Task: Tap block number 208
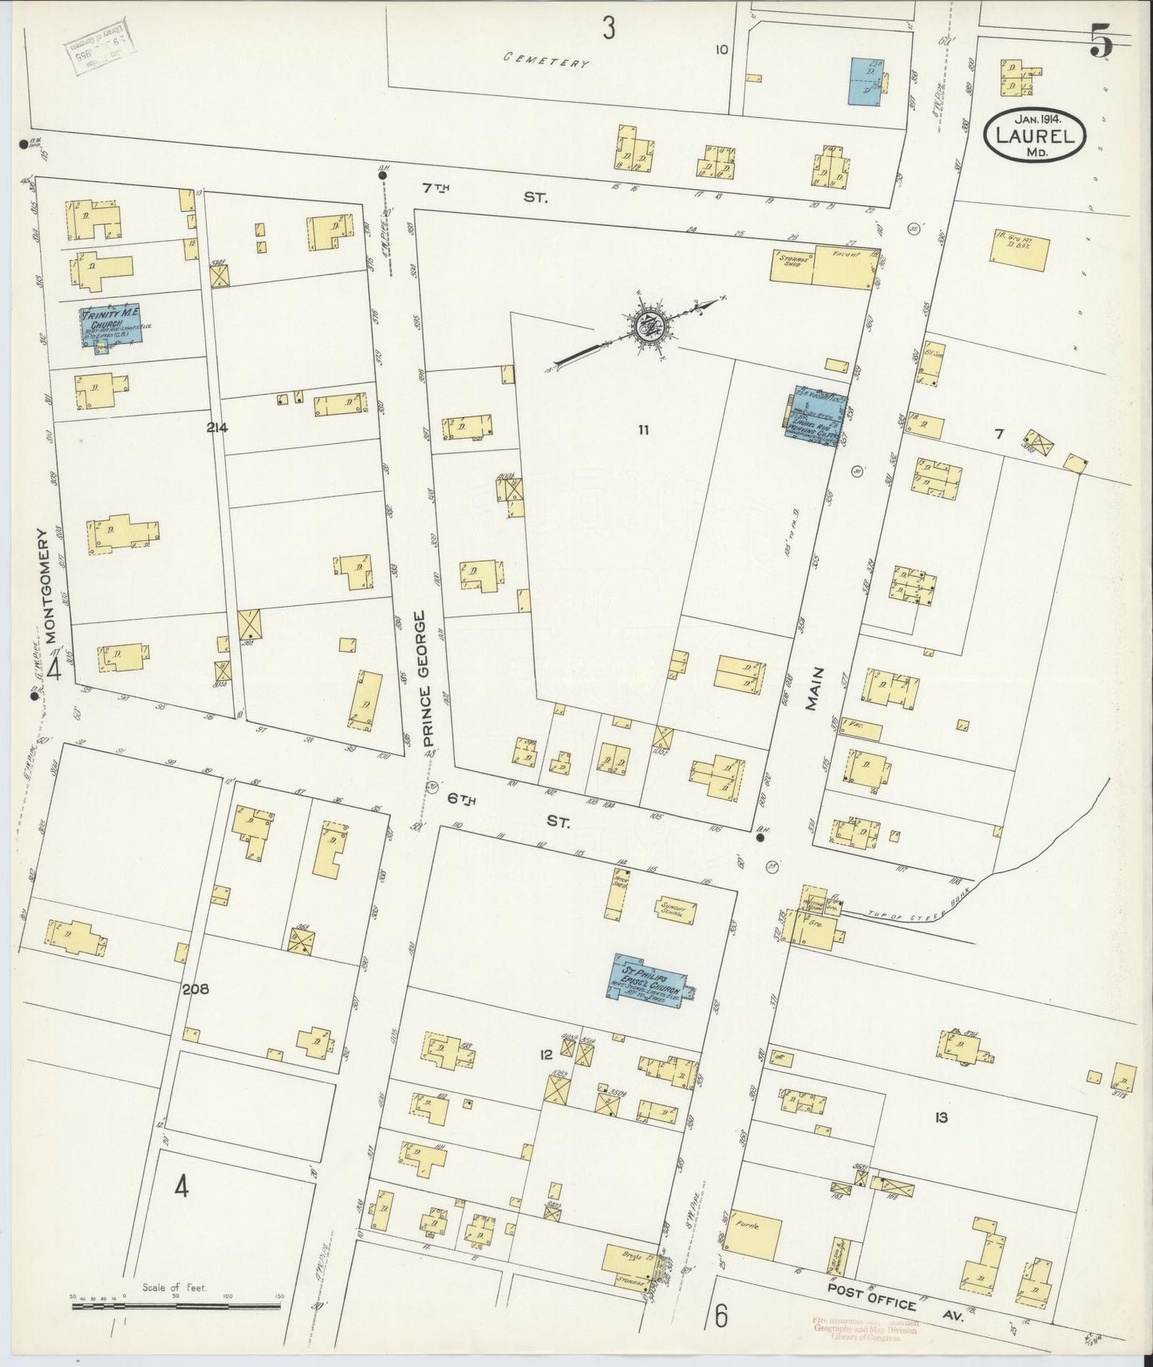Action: click(195, 989)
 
